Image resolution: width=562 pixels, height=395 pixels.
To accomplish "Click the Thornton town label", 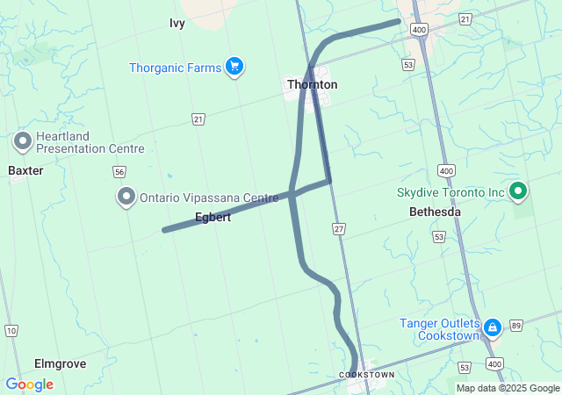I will pyautogui.click(x=312, y=84).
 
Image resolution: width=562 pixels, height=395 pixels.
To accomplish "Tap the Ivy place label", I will pyautogui.click(x=177, y=24).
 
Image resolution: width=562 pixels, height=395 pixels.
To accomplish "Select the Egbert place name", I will pyautogui.click(x=213, y=217).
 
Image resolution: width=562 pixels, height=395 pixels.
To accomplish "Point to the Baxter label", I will pyautogui.click(x=25, y=170).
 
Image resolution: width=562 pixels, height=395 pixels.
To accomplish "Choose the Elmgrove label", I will pyautogui.click(x=60, y=363).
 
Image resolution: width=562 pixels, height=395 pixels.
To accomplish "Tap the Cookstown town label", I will pyautogui.click(x=366, y=375).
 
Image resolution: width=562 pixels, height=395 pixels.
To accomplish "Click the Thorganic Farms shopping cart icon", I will pyautogui.click(x=234, y=67).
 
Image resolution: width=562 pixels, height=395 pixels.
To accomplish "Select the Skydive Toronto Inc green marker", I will pyautogui.click(x=518, y=190).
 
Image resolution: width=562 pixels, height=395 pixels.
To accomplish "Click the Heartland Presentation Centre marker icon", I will pyautogui.click(x=23, y=140).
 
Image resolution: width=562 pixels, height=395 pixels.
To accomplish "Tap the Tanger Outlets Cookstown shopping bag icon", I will pyautogui.click(x=493, y=329).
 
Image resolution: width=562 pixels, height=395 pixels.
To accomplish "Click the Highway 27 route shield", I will pyautogui.click(x=339, y=228).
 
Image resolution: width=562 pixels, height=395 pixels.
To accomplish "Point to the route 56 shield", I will pyautogui.click(x=119, y=172).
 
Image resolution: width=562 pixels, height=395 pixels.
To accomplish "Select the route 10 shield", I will pyautogui.click(x=11, y=330).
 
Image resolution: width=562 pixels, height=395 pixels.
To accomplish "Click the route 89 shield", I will pyautogui.click(x=516, y=325).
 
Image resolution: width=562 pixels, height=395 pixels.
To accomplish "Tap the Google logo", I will pyautogui.click(x=29, y=384).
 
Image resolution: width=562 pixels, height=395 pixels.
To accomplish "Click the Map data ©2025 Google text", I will pyautogui.click(x=507, y=388).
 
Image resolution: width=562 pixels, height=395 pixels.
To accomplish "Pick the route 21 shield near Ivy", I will pyautogui.click(x=198, y=118).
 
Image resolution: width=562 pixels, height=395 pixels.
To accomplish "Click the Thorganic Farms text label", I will pyautogui.click(x=175, y=68).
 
